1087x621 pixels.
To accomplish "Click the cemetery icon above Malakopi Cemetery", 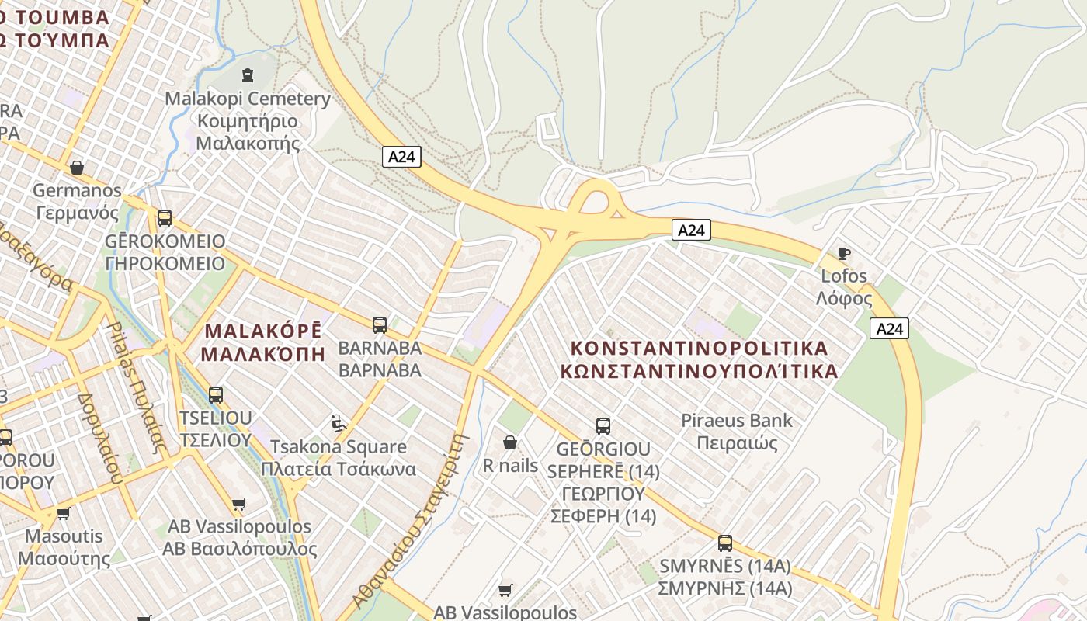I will coord(248,75).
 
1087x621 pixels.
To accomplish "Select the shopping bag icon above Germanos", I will coord(77,168).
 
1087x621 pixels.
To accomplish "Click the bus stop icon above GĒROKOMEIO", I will coord(164,218).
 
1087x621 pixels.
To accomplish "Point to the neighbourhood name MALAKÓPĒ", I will coord(262,342).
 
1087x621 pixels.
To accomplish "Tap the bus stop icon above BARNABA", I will coord(380,325).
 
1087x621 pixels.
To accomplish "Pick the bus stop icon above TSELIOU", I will coord(216,395).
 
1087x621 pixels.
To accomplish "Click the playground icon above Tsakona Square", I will coord(339,424).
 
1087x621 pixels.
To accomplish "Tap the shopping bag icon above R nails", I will coord(510,442).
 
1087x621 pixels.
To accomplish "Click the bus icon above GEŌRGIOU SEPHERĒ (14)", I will coord(603,425).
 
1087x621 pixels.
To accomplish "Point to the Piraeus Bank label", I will coord(737,432).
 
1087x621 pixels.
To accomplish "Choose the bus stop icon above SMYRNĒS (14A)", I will coord(724,543).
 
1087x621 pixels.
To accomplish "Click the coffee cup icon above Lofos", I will coord(843,253).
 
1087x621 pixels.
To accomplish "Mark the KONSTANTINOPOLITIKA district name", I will coord(699,359).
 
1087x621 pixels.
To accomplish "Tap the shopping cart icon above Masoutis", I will coord(64,513).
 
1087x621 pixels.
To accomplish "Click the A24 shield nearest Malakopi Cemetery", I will coord(402,157).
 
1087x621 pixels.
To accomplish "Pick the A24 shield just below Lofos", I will coord(889,328).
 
